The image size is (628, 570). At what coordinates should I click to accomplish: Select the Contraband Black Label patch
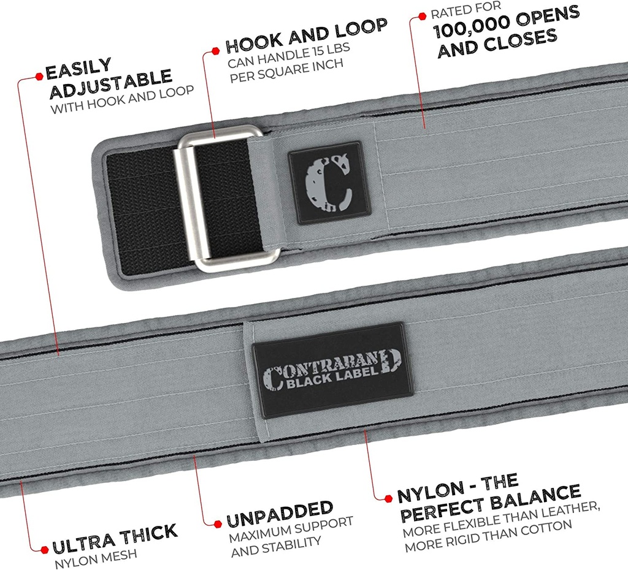330,370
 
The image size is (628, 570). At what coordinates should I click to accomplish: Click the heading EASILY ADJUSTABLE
107,78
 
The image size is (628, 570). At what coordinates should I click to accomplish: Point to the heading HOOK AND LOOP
306,36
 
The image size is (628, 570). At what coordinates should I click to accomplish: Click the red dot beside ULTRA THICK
42,548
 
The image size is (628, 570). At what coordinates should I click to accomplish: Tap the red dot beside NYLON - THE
387,497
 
